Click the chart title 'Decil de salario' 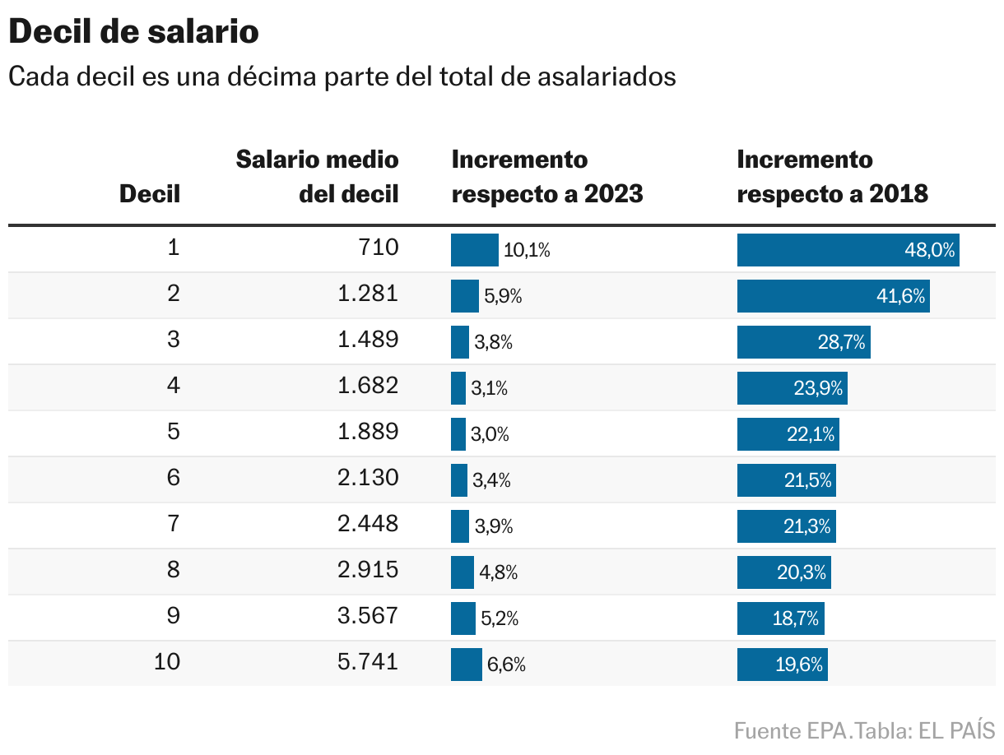133,33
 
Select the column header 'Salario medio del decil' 317,176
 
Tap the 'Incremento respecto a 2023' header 547,176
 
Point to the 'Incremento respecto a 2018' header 832,176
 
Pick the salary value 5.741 368,662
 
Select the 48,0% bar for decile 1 848,250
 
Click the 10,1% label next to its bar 527,251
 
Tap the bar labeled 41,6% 833,296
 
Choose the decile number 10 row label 167,662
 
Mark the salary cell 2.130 368,478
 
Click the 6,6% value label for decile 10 506,665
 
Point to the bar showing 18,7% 780,618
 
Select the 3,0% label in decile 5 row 490,435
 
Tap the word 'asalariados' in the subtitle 607,76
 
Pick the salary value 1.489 368,340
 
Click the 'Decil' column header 150,194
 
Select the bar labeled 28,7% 803,342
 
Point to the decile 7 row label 173,524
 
